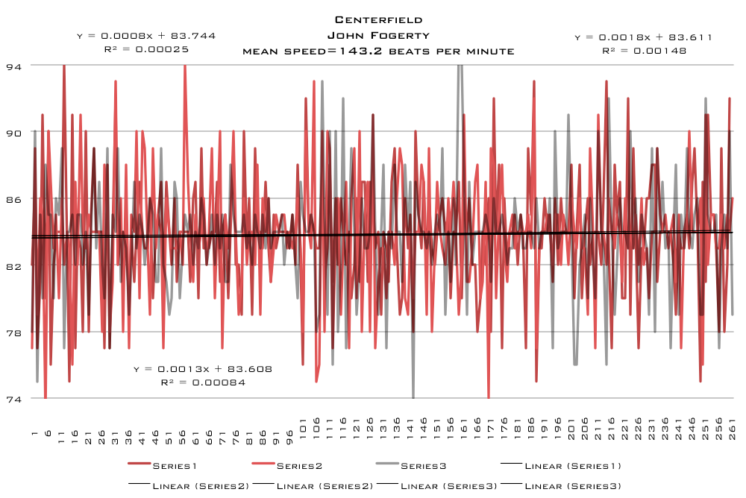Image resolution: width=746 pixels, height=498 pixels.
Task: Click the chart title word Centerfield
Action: pyautogui.click(x=379, y=19)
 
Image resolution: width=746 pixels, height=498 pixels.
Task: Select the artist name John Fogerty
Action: pyautogui.click(x=379, y=35)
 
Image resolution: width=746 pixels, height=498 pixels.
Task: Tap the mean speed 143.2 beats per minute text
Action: pyautogui.click(x=379, y=51)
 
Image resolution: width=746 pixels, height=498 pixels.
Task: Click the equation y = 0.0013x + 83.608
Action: pyautogui.click(x=203, y=368)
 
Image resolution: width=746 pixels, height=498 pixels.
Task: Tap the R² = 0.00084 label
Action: pyautogui.click(x=203, y=382)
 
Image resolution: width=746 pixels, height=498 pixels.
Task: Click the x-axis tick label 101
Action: pyautogui.click(x=303, y=429)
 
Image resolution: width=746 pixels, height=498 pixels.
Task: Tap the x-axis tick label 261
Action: pyautogui.click(x=733, y=429)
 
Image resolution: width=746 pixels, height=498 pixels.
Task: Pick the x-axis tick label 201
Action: pyautogui.click(x=571, y=429)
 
